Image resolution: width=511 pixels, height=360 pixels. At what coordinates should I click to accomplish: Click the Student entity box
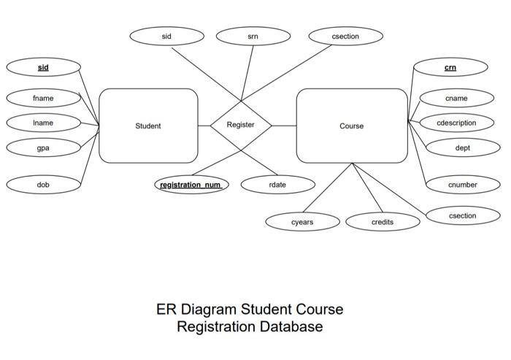click(148, 126)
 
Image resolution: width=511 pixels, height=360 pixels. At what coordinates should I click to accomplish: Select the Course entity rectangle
click(351, 126)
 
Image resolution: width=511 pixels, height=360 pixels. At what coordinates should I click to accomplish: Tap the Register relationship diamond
click(241, 126)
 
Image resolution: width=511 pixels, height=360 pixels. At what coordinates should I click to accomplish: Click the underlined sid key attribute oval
click(43, 67)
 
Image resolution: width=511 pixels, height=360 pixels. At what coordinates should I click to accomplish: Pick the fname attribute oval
click(43, 98)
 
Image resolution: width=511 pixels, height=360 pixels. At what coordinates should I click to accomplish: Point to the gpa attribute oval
click(43, 148)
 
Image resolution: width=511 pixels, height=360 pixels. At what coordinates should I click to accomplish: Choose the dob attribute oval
click(43, 185)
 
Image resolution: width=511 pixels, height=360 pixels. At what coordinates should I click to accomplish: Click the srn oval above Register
click(253, 35)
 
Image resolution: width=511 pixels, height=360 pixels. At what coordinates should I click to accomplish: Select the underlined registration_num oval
click(191, 185)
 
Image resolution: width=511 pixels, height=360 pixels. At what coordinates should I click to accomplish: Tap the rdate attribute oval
click(277, 185)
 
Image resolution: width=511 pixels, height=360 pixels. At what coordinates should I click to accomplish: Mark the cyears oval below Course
click(302, 221)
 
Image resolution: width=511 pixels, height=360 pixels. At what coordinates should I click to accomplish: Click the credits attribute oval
click(382, 221)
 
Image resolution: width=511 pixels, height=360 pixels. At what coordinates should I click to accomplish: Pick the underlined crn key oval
click(450, 67)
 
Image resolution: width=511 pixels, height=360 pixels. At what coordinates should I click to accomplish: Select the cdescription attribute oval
click(456, 123)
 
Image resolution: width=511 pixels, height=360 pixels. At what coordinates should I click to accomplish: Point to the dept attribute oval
click(462, 148)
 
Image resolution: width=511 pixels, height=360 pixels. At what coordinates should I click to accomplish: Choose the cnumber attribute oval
click(462, 185)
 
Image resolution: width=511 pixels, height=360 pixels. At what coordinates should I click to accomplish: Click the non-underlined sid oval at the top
click(166, 35)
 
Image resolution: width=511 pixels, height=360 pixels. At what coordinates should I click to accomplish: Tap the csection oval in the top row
click(345, 35)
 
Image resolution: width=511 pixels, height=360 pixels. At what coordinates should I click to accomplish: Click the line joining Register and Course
click(284, 126)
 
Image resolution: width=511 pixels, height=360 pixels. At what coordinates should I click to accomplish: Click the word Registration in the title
click(216, 326)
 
